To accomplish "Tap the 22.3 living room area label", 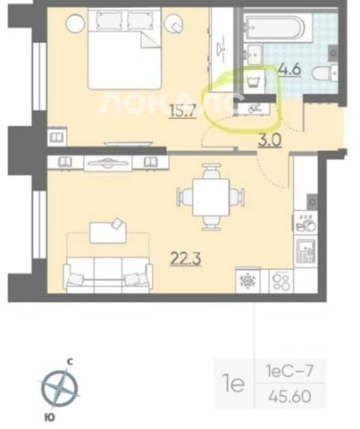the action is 186,257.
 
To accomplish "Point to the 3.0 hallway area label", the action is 270,140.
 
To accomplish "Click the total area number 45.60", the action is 289,397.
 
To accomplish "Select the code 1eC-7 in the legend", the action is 289,372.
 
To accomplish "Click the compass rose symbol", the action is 60,388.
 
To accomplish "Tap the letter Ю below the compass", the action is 50,417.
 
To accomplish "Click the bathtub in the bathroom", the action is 274,28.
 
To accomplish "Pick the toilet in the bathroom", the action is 324,72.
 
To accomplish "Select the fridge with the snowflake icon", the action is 247,281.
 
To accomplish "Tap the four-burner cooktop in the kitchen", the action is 281,281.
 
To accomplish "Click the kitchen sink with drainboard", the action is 306,250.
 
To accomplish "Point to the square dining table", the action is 211,197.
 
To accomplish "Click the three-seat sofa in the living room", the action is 108,274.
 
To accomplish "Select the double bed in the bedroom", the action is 124,48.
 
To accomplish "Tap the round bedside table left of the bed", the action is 76,24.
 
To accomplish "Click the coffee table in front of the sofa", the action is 108,232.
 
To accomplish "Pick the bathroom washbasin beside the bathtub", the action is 254,55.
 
